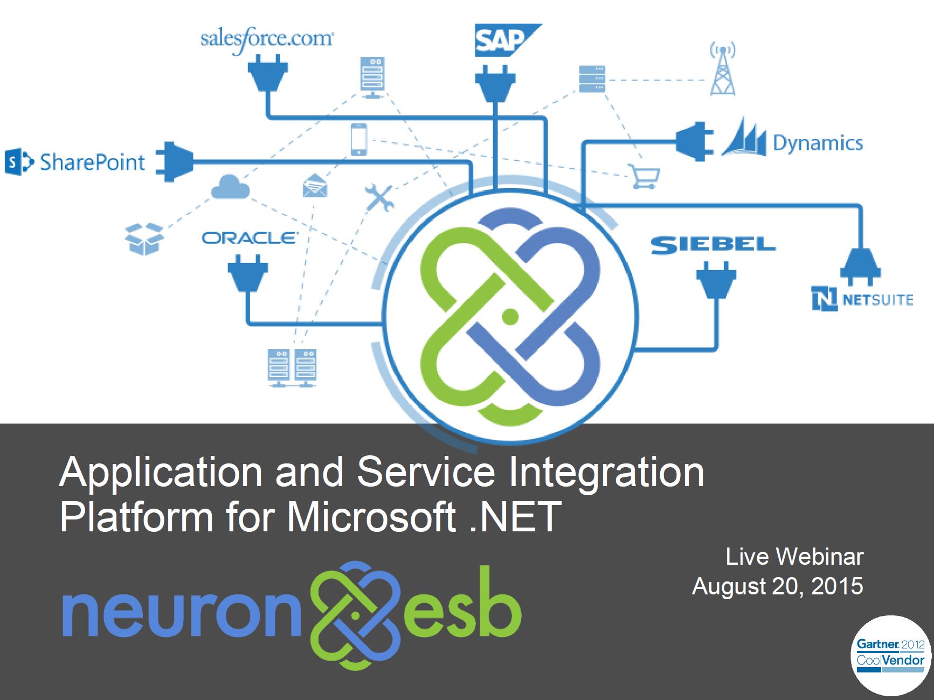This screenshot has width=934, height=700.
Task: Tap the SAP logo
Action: coord(507,40)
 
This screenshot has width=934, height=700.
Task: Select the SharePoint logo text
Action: coord(92,162)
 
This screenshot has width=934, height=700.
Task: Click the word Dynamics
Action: coord(818,143)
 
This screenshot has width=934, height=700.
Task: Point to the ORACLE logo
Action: coord(248,238)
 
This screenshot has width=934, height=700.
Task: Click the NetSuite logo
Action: coord(862,299)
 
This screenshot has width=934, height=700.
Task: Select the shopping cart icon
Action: coord(645,176)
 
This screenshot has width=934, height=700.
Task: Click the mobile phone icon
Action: coord(358,139)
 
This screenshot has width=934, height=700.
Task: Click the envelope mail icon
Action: coord(315,185)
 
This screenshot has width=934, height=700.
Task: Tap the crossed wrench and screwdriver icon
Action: coord(379,197)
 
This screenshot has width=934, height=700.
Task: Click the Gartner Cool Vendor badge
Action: coord(890,655)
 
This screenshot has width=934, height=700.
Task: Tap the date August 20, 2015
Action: coord(777,586)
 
